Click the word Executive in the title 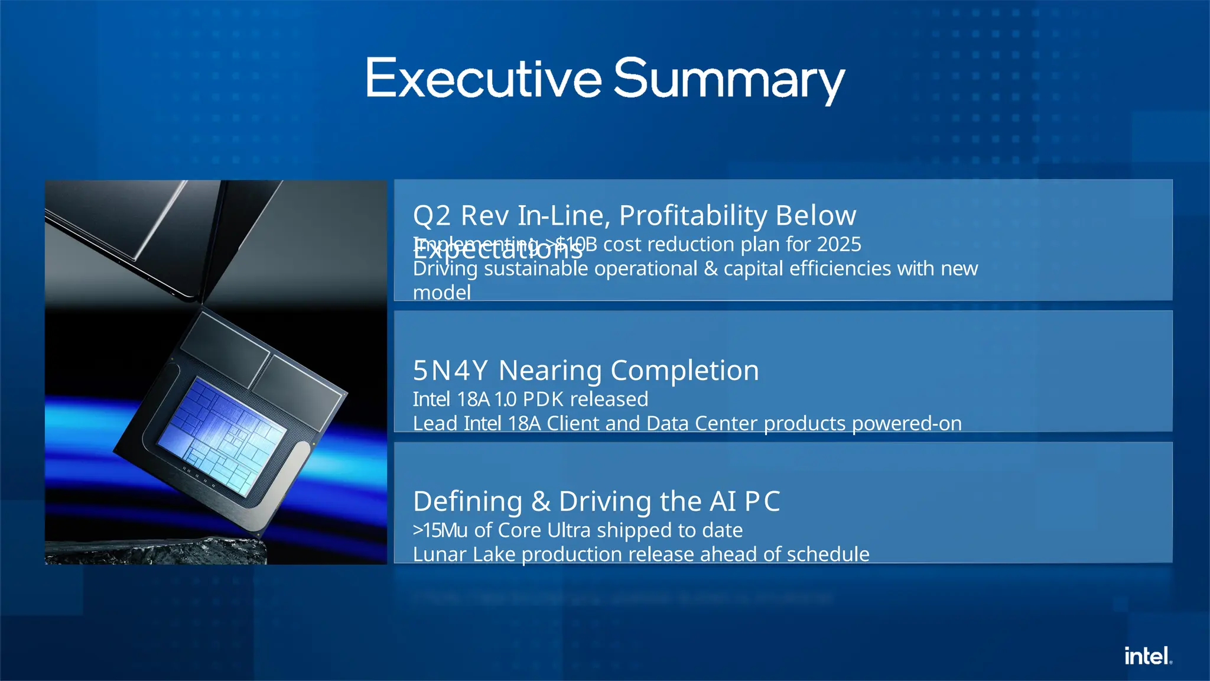483,79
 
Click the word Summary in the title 729,80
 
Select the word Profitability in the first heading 692,215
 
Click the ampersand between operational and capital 710,269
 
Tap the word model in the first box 441,293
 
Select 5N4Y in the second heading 450,371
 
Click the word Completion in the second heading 684,371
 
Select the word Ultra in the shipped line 568,530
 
